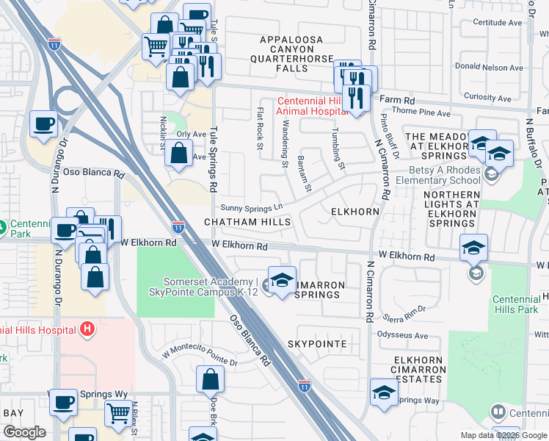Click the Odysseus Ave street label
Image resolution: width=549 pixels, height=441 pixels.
click(402, 336)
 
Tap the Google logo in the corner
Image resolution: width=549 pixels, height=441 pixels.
click(24, 432)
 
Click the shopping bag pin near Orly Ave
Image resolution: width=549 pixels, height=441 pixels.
click(178, 154)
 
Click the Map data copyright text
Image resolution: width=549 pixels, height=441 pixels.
click(503, 435)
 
